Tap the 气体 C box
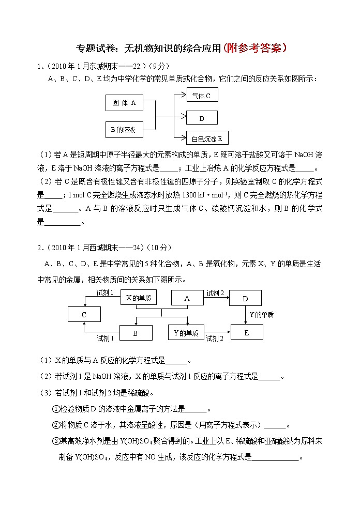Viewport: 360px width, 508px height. pyautogui.click(x=201, y=96)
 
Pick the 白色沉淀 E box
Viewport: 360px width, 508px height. pyautogui.click(x=206, y=138)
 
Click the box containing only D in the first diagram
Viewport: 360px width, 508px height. pyautogui.click(x=201, y=118)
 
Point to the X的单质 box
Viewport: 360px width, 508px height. pyautogui.click(x=138, y=298)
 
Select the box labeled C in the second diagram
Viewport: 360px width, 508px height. pyautogui.click(x=84, y=314)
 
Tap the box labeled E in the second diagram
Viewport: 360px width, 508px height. pyautogui.click(x=246, y=332)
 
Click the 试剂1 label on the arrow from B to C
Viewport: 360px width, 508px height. pyautogui.click(x=105, y=338)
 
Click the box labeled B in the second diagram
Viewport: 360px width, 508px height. pyautogui.click(x=136, y=333)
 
